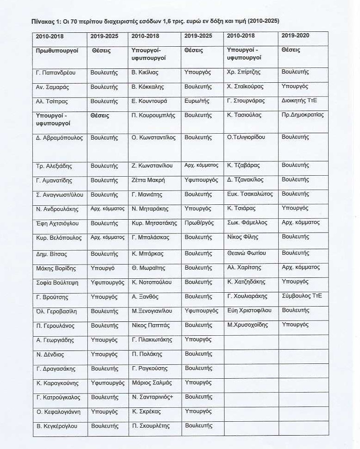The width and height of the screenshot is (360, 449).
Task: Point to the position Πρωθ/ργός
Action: click(199, 223)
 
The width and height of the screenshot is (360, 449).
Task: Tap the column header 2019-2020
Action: click(295, 36)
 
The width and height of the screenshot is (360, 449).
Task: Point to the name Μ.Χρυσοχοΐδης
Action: click(248, 325)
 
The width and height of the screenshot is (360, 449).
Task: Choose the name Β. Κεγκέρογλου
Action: click(57, 426)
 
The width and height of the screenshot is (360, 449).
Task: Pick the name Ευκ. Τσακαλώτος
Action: click(250, 194)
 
